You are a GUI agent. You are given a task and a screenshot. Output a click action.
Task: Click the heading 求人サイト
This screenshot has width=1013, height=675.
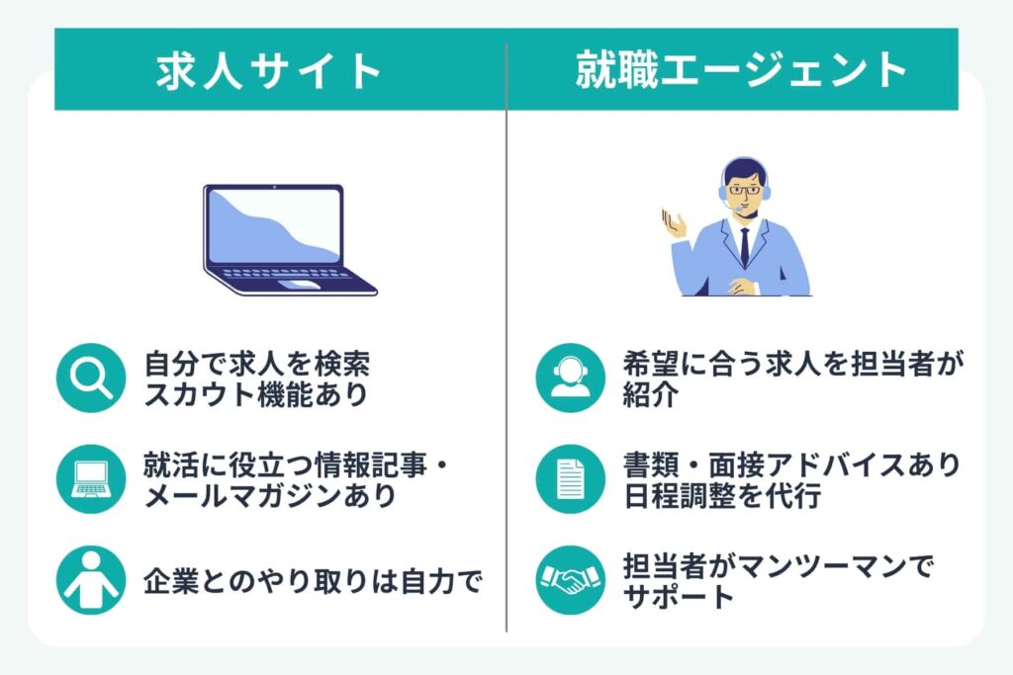pyautogui.click(x=269, y=70)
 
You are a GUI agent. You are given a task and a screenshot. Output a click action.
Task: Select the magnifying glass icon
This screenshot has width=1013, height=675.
pyautogui.click(x=92, y=378)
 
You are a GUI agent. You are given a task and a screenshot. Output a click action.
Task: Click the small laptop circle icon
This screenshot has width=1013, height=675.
pyautogui.click(x=92, y=479)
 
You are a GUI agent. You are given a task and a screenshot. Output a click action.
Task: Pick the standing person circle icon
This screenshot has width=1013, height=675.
pyautogui.click(x=92, y=580)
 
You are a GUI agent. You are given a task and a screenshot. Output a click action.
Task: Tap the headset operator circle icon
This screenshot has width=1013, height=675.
pyautogui.click(x=570, y=378)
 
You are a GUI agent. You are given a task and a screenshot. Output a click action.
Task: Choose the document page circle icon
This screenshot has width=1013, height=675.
pyautogui.click(x=570, y=479)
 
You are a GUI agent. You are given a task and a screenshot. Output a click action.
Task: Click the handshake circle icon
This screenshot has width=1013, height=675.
pyautogui.click(x=570, y=580)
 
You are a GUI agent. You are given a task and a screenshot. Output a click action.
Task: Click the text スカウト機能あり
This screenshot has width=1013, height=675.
pyautogui.click(x=256, y=395)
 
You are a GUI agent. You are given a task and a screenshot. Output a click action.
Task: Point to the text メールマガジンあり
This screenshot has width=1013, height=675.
pyautogui.click(x=270, y=496)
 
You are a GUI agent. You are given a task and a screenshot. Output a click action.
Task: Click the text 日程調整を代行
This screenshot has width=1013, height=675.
pyautogui.click(x=722, y=496)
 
